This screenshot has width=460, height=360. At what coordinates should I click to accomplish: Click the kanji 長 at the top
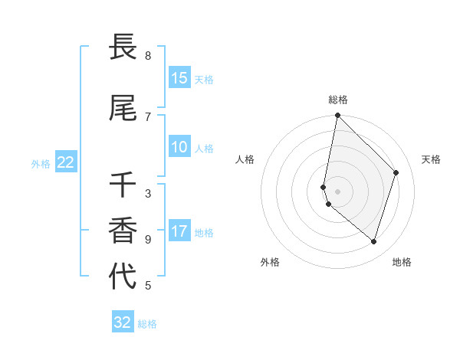(123, 47)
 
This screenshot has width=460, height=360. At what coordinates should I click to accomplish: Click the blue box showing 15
(179, 78)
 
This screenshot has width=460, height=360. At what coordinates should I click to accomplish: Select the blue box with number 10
(179, 147)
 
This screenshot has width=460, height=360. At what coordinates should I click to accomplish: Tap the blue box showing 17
(179, 231)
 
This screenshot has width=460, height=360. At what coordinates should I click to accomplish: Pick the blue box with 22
(66, 162)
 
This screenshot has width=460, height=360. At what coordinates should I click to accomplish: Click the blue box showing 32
(123, 322)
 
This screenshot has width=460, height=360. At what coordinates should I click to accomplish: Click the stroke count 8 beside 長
(148, 56)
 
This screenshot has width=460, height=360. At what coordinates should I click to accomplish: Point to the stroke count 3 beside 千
(148, 194)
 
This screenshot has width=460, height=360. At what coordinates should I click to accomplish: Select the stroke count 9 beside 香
(148, 240)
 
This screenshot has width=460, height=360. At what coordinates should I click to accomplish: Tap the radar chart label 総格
(337, 100)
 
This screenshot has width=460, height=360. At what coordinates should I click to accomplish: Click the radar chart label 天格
(431, 159)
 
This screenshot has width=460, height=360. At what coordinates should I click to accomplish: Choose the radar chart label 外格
(270, 262)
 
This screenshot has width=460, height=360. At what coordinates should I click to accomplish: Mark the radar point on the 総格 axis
(337, 116)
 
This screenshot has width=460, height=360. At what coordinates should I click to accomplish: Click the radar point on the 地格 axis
(374, 242)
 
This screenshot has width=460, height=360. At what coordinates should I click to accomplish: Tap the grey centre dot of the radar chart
(337, 191)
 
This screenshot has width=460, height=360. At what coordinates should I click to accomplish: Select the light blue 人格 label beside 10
(204, 148)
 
